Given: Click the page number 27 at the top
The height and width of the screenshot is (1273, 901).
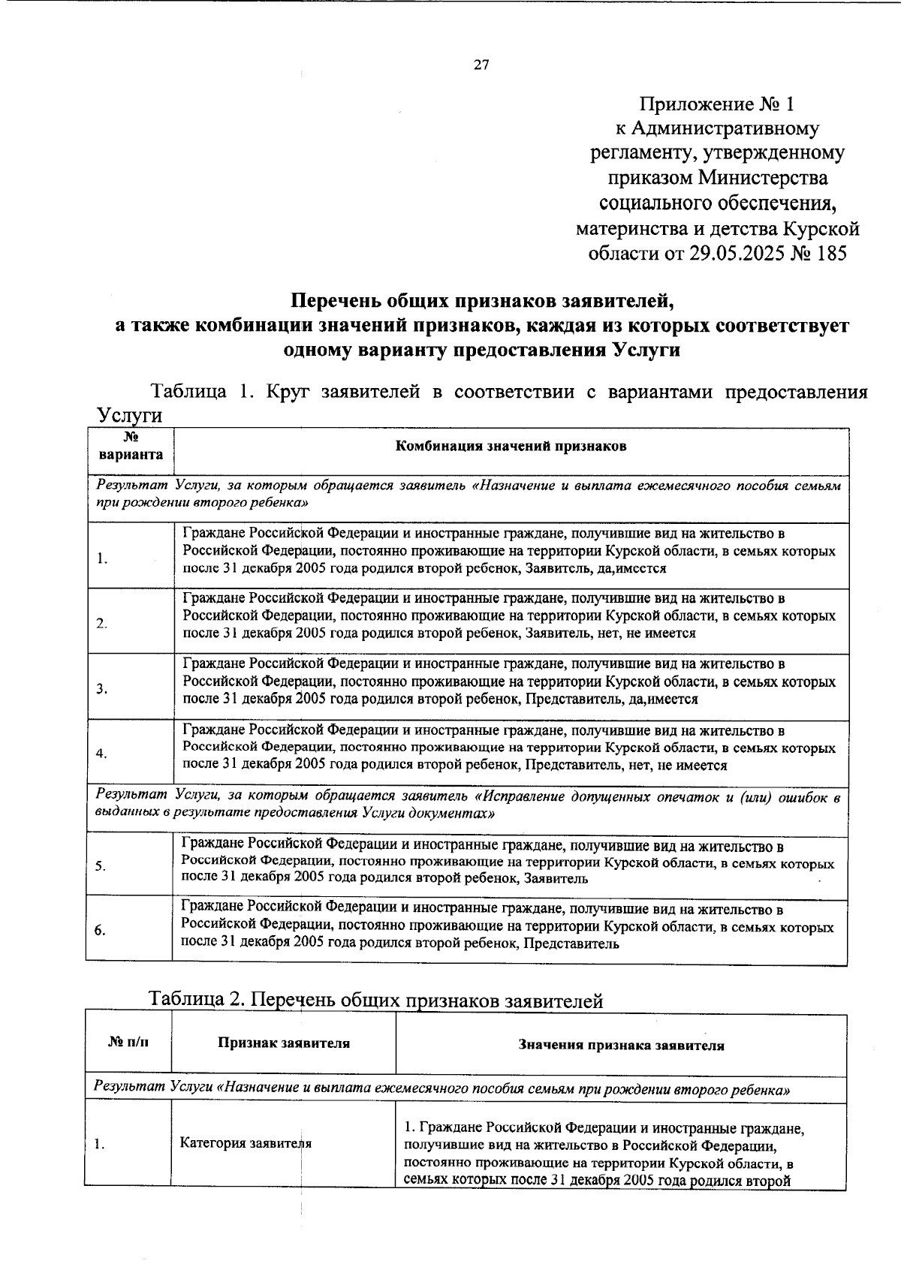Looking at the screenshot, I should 481,65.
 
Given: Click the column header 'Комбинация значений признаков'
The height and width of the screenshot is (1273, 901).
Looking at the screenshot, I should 511,447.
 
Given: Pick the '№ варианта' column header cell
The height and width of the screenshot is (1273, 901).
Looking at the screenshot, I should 130,447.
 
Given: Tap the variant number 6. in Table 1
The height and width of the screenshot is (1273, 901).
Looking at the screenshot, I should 100,930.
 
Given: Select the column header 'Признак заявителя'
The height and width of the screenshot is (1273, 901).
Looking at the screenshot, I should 284,1043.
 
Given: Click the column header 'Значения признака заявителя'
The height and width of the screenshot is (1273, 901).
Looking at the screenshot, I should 621,1045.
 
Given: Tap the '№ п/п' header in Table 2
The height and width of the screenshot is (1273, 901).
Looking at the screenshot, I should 128,1043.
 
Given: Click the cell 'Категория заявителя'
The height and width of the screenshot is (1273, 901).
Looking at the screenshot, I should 246,1143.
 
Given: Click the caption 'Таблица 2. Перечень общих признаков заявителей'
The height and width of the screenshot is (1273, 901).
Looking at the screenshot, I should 375,1000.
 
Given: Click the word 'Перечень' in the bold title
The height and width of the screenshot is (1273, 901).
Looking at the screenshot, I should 337,302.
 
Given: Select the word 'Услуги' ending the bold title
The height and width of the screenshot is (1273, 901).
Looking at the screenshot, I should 645,351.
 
